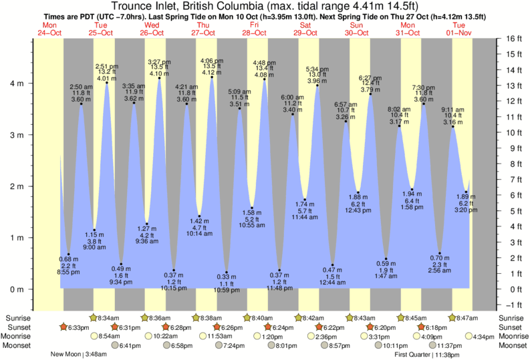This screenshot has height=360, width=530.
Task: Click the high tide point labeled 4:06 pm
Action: [212, 77]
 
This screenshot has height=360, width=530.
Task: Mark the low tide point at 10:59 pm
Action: [226, 272]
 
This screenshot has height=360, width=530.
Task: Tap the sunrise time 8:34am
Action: [108, 317]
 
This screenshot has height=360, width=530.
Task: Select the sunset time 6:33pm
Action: [78, 327]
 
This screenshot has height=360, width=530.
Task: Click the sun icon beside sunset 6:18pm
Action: [420, 327]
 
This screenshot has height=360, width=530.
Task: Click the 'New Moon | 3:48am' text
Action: [78, 355]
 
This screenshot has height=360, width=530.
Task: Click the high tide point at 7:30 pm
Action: [424, 104]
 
